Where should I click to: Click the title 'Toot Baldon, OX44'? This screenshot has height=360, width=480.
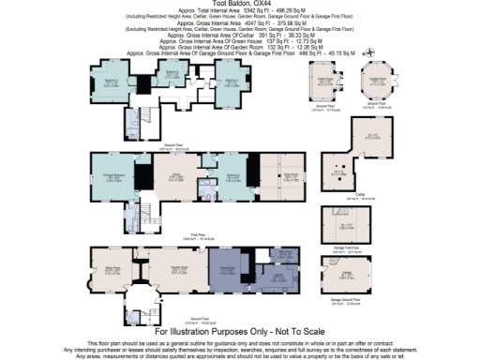tap(239, 4)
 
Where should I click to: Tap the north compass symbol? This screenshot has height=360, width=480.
tap(373, 53)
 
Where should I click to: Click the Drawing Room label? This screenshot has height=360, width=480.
tap(174, 269)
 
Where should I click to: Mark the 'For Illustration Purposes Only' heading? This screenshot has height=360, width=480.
tap(239, 333)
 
